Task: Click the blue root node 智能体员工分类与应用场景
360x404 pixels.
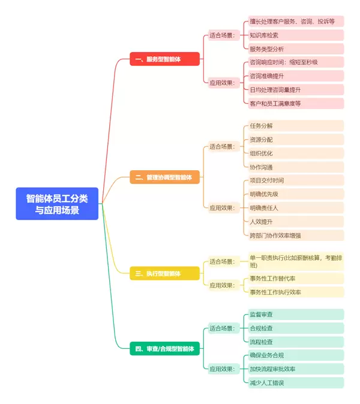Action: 57,204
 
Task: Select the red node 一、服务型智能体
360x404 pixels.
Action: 164,59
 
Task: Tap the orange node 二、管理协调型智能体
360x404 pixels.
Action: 164,177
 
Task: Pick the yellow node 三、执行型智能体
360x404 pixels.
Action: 164,273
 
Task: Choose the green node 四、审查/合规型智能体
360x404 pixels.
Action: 164,348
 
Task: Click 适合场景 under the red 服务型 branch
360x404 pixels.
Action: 222,35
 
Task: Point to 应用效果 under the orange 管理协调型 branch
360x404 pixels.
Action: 222,208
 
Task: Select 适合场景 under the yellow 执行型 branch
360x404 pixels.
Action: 222,261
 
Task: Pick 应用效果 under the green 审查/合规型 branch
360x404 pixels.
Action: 222,369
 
